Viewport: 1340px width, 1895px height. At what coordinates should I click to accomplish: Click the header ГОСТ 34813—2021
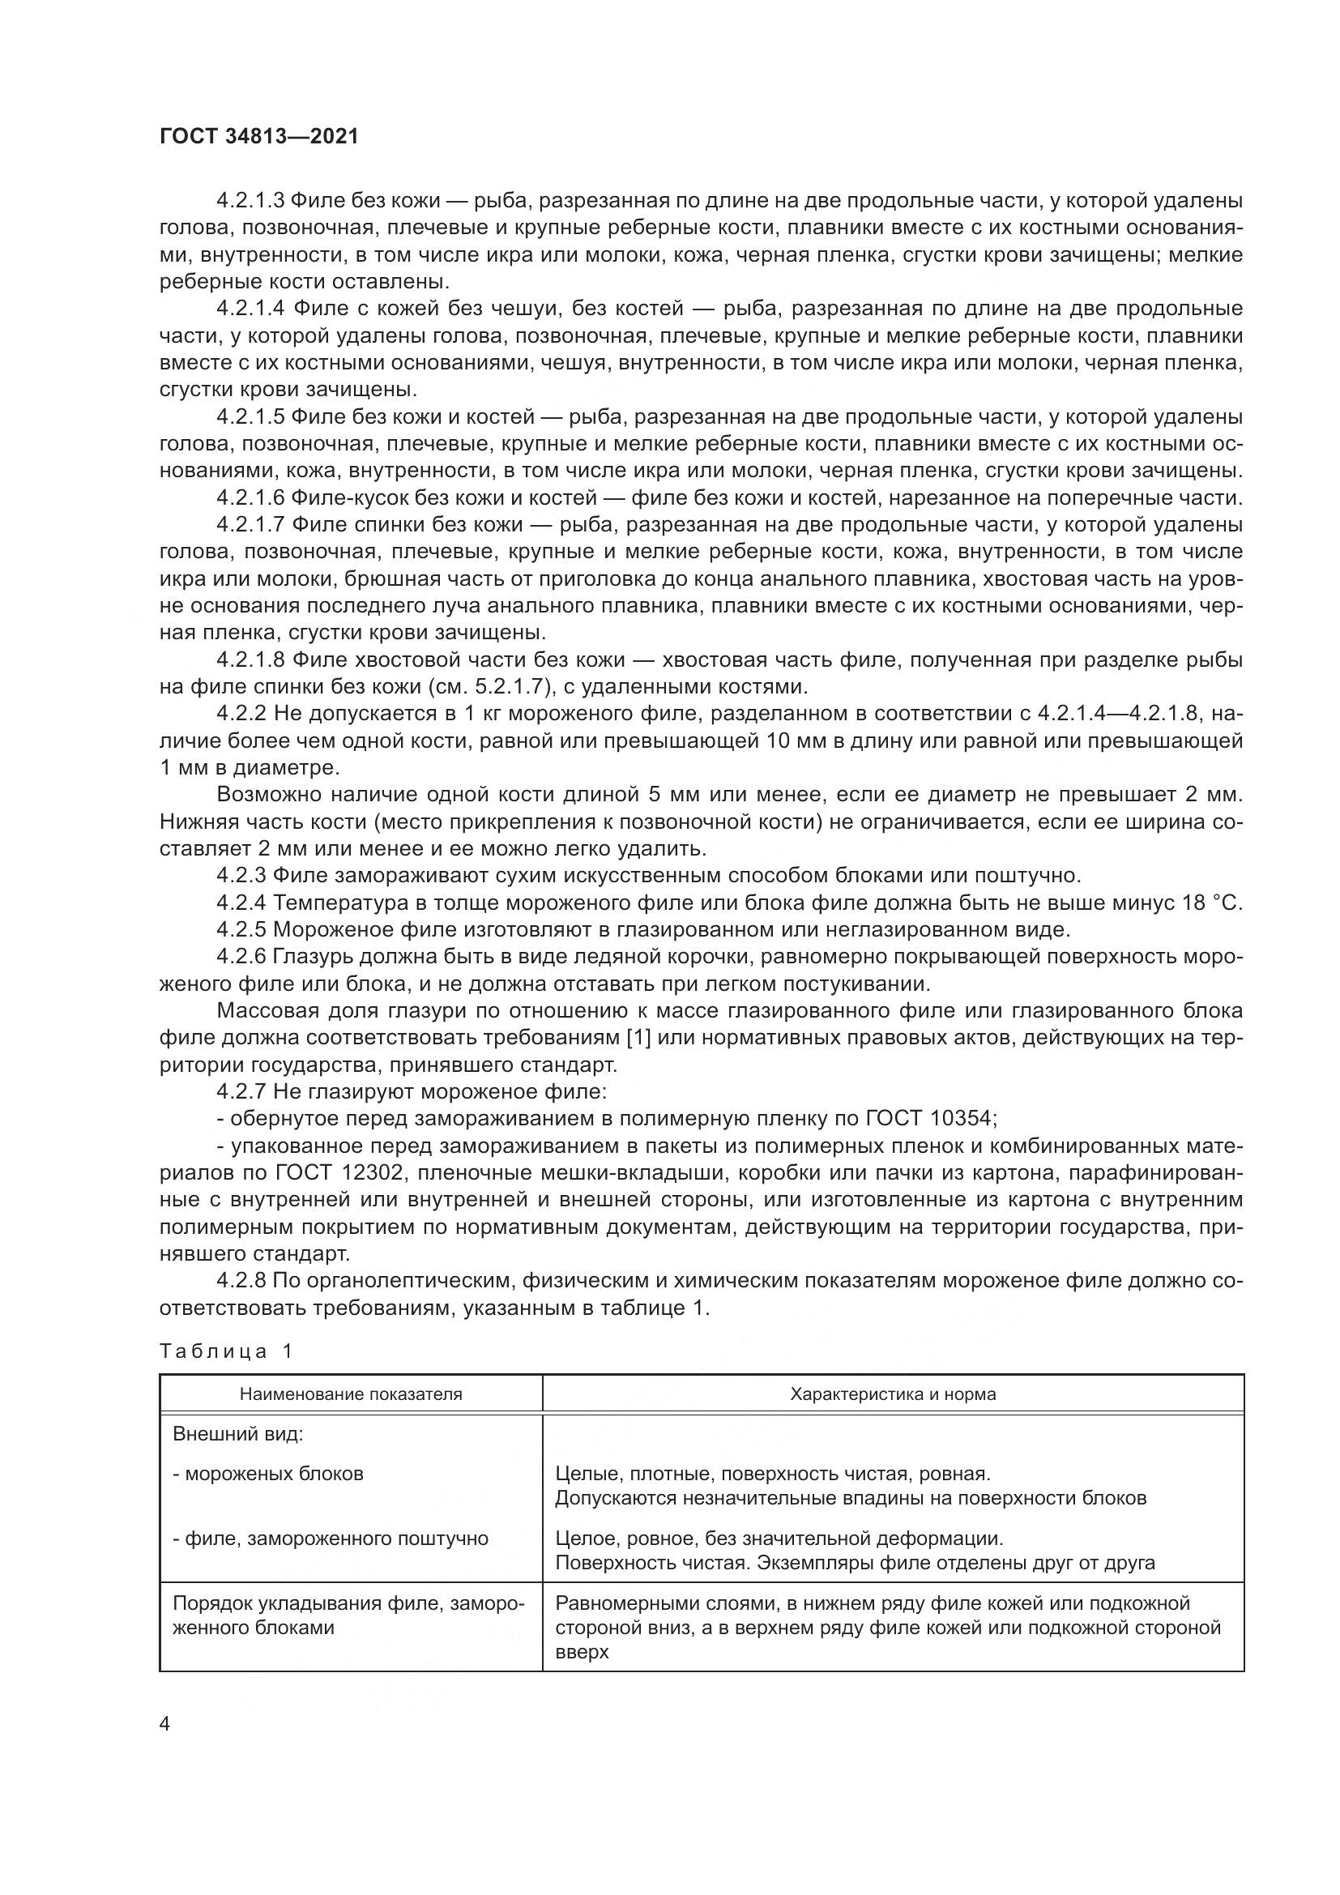pyautogui.click(x=259, y=137)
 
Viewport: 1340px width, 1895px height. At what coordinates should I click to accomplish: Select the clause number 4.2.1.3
pyautogui.click(x=250, y=201)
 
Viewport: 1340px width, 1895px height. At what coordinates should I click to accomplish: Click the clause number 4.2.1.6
pyautogui.click(x=250, y=497)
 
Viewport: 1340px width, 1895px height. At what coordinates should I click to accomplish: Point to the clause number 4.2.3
pyautogui.click(x=241, y=875)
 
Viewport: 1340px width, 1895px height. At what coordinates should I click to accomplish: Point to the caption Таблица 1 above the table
pyautogui.click(x=226, y=1351)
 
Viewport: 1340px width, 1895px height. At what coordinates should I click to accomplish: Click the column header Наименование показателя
pyautogui.click(x=351, y=1394)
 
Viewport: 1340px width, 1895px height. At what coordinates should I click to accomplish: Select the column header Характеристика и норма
pyautogui.click(x=893, y=1394)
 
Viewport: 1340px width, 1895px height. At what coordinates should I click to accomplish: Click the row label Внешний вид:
pyautogui.click(x=237, y=1434)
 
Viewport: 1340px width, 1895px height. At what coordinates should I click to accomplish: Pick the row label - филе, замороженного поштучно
pyautogui.click(x=330, y=1538)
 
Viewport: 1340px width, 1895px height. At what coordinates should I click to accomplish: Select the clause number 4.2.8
pyautogui.click(x=241, y=1280)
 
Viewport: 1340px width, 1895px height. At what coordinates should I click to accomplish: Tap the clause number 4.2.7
pyautogui.click(x=241, y=1091)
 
